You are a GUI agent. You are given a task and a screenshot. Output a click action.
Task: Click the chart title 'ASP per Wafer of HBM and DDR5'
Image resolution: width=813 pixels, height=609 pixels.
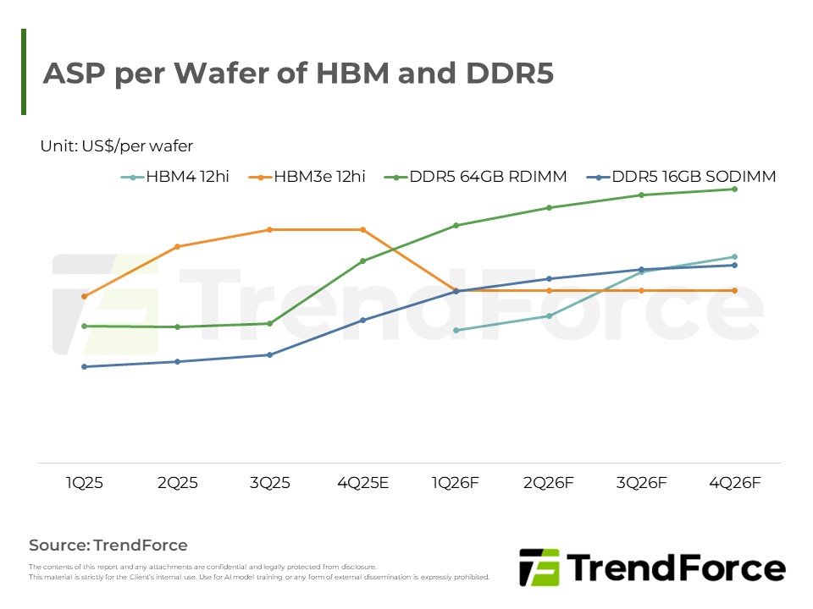pyautogui.click(x=298, y=74)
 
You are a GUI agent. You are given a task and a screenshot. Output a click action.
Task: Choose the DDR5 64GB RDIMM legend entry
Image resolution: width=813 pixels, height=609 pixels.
pyautogui.click(x=475, y=177)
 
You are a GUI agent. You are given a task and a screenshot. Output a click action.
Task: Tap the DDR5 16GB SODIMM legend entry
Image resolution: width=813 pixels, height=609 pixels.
pyautogui.click(x=684, y=177)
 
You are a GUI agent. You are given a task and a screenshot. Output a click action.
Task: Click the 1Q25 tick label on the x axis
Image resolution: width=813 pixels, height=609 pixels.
pyautogui.click(x=85, y=483)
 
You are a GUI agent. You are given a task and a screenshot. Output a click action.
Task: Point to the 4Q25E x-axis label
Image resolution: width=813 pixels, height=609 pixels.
pyautogui.click(x=362, y=483)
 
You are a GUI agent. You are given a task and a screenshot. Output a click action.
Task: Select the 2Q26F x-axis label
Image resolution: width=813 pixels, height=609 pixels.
pyautogui.click(x=549, y=483)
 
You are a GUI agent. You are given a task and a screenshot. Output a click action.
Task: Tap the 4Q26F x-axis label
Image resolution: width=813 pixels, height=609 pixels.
pyautogui.click(x=734, y=483)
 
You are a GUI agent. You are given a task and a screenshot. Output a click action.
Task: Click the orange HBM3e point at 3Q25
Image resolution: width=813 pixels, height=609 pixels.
pyautogui.click(x=270, y=229)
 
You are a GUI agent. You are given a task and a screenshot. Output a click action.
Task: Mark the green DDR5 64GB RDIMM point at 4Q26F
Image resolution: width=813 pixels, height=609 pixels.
pyautogui.click(x=734, y=189)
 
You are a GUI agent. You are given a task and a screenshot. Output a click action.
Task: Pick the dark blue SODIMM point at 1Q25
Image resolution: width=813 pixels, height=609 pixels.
pyautogui.click(x=85, y=366)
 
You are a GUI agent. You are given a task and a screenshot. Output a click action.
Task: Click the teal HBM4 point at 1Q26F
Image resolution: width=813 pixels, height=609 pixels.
pyautogui.click(x=456, y=330)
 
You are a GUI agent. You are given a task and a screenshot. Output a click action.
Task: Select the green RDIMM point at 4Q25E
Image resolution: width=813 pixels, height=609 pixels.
pyautogui.click(x=362, y=261)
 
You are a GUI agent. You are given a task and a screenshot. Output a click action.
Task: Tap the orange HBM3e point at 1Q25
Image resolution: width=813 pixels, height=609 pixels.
pyautogui.click(x=85, y=296)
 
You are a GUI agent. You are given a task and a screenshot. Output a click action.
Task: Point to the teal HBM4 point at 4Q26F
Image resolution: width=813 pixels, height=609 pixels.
pyautogui.click(x=734, y=256)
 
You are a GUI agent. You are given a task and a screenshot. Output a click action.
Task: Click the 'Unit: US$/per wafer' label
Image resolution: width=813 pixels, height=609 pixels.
pyautogui.click(x=117, y=146)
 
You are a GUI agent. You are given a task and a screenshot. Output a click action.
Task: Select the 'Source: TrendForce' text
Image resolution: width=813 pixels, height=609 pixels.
pyautogui.click(x=108, y=545)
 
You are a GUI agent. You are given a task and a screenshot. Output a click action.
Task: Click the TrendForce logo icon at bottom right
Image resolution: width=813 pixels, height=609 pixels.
pyautogui.click(x=539, y=567)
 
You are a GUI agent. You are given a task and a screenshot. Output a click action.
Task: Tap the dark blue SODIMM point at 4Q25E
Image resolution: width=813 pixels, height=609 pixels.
pyautogui.click(x=362, y=320)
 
